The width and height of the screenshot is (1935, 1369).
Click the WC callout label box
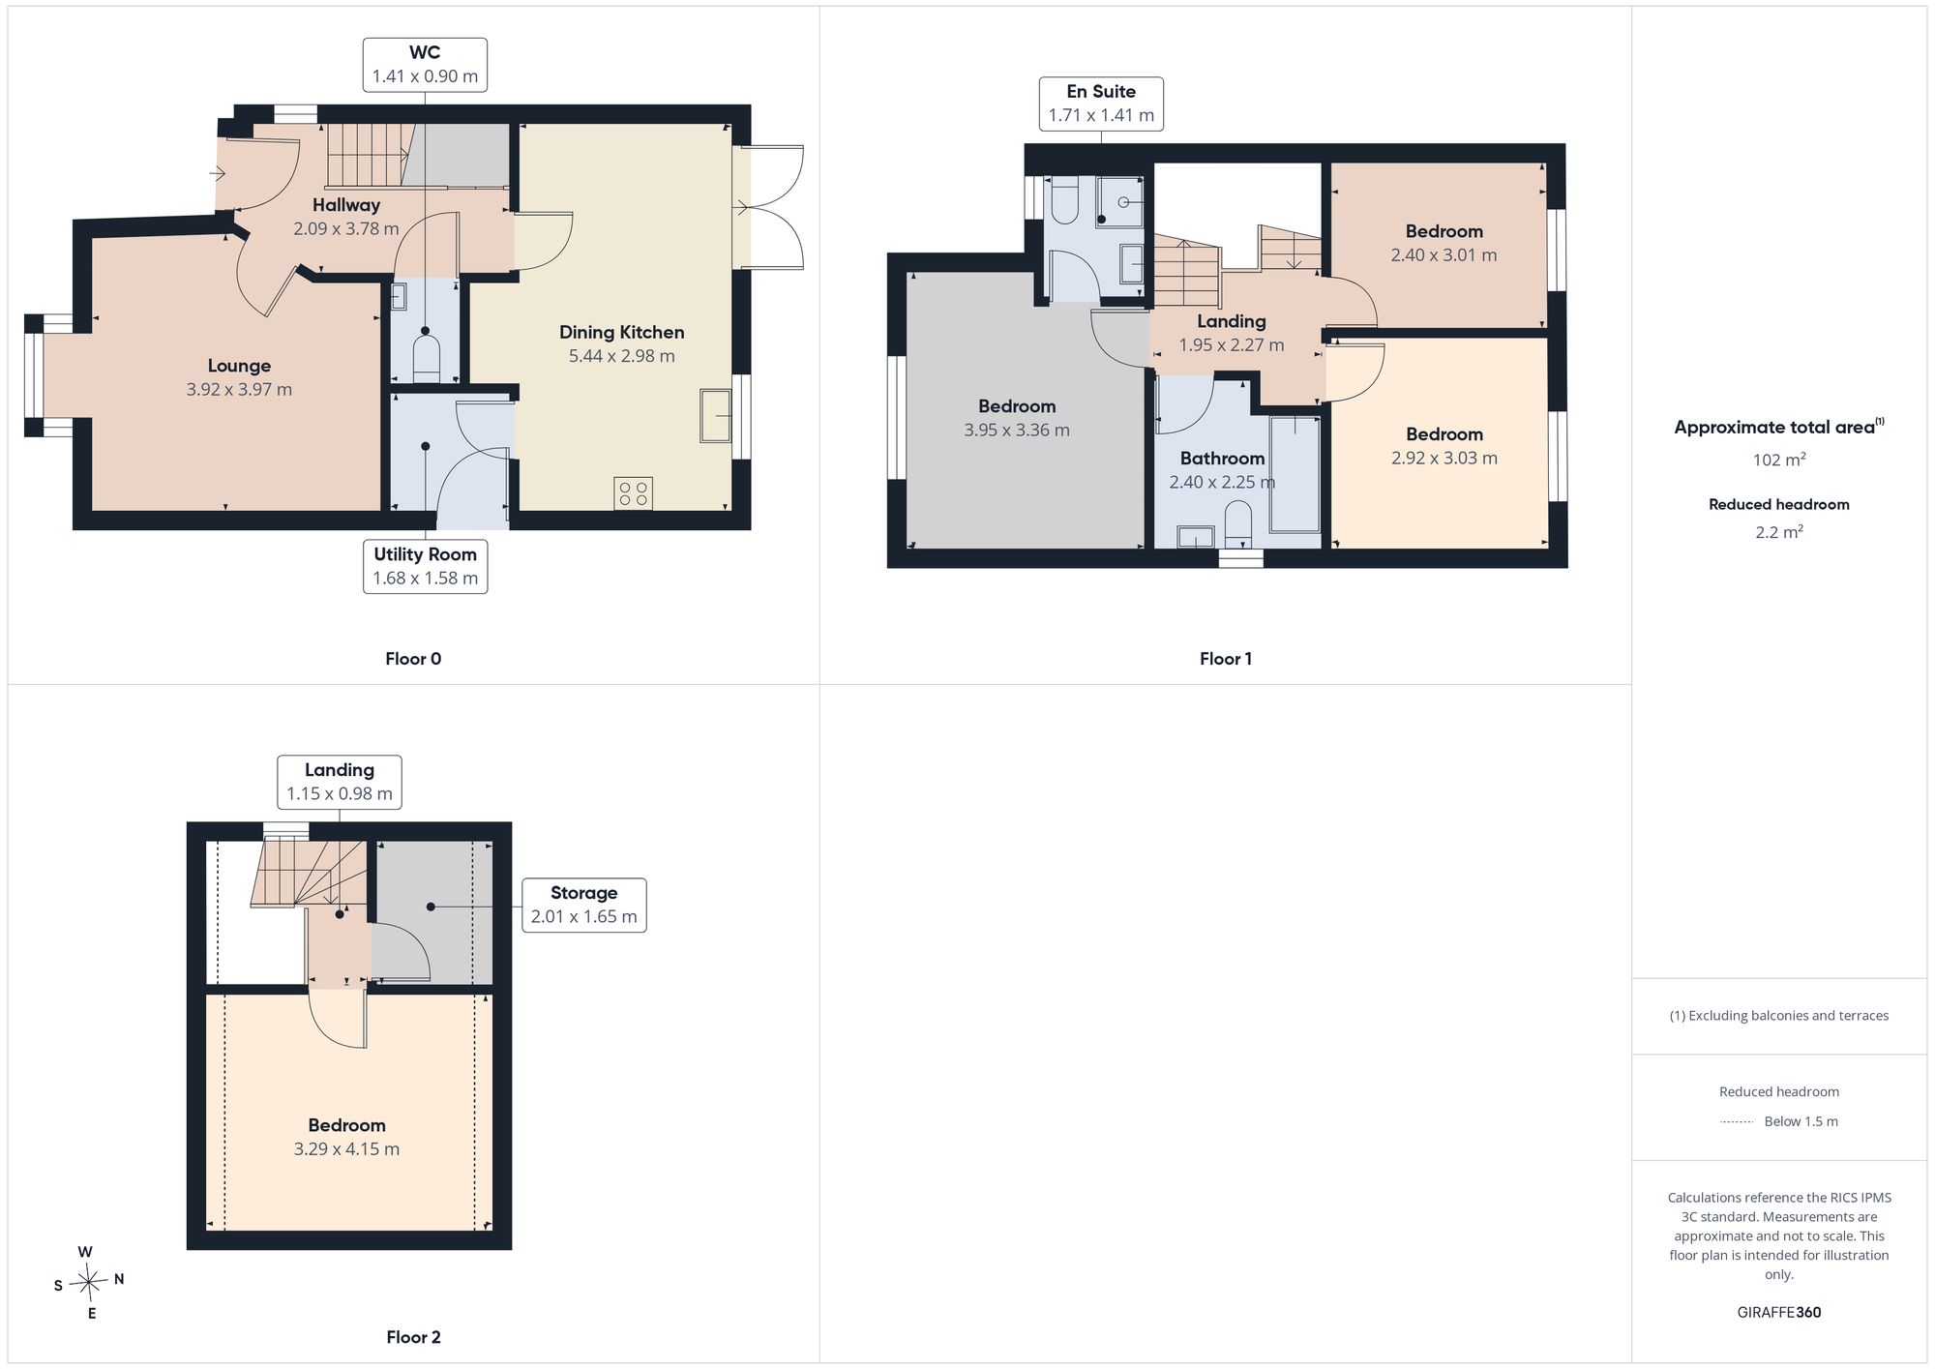coord(425,65)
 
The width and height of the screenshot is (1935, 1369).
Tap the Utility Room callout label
coord(426,566)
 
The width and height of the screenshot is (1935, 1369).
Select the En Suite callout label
coord(1101,104)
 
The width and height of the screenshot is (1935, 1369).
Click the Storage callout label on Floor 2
coord(583,905)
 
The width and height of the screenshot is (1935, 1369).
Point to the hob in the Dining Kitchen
coord(634,493)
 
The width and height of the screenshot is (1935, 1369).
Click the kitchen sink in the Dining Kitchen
coord(716,415)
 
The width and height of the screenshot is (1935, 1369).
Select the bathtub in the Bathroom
coord(1295,474)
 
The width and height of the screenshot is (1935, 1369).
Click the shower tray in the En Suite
coord(1120,202)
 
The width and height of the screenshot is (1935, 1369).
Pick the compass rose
coord(88,1283)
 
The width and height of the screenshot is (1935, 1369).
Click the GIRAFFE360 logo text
coord(1779,1312)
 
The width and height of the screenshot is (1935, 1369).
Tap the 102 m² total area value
coord(1779,460)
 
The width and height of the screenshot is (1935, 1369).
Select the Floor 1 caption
coord(1226,659)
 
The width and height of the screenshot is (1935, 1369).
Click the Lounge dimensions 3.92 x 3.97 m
coord(239,389)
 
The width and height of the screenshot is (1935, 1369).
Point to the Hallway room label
coord(346,205)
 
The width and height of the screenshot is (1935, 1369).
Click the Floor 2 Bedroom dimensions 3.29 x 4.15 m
coord(346,1148)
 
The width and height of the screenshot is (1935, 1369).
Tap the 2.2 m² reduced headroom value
coord(1779,532)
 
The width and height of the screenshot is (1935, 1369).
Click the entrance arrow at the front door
coord(218,174)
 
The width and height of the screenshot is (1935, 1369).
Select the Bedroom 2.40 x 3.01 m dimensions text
coord(1444,255)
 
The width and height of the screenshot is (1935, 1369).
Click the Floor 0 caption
coord(413,659)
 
